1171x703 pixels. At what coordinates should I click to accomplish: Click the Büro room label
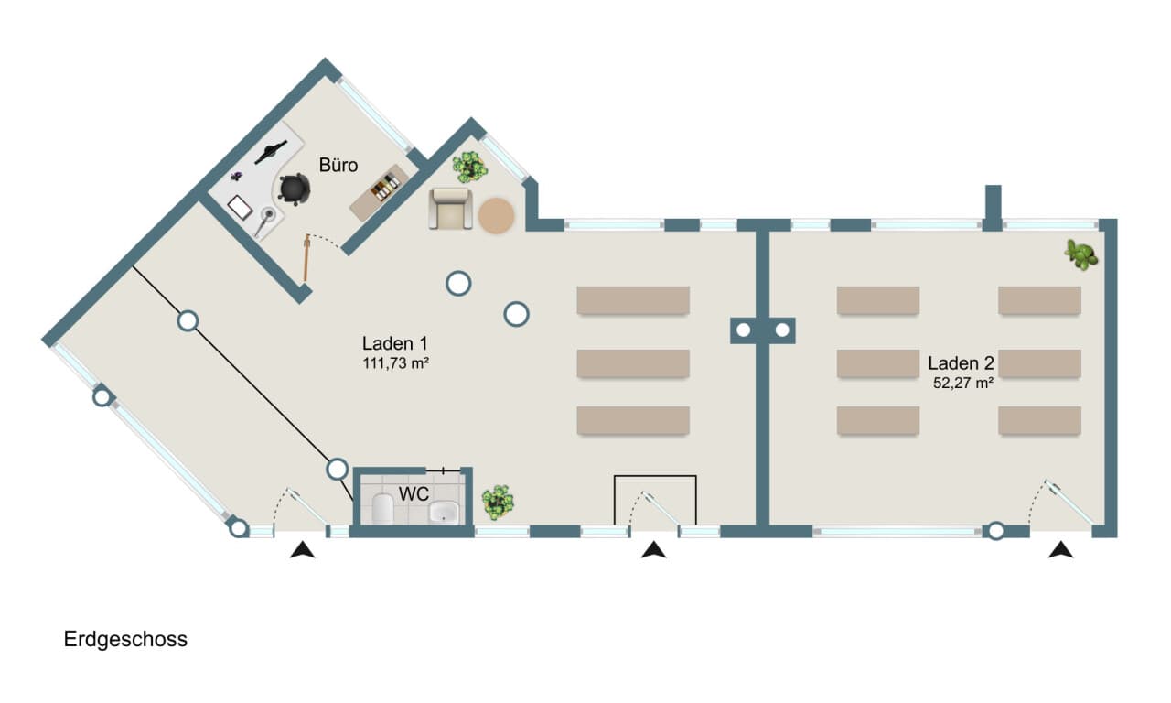pos(338,166)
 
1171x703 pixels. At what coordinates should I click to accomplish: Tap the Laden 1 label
pos(394,343)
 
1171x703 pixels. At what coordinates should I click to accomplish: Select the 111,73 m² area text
pos(396,363)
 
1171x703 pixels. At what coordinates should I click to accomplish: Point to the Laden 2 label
pos(961,363)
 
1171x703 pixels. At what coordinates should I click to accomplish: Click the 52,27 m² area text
pos(963,383)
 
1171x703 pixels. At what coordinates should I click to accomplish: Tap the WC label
pos(414,493)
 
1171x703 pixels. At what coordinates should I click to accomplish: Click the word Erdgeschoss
pos(125,639)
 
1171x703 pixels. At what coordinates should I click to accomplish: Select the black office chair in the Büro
pos(294,189)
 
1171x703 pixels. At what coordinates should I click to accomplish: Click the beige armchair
pos(451,209)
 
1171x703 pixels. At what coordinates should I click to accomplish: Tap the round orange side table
pos(496,215)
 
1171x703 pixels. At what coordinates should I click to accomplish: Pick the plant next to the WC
pos(497,503)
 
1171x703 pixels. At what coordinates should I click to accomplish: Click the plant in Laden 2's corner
pos(1081,254)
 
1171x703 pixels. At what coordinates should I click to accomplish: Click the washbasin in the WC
pos(444,512)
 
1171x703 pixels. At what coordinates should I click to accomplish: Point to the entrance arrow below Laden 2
pos(1060,550)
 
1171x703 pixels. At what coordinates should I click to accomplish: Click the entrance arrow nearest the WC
pos(302,550)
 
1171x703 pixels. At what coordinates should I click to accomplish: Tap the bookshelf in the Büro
pos(379,192)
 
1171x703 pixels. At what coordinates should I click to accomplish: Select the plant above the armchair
pos(470,167)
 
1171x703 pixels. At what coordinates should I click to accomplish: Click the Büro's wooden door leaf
pos(306,258)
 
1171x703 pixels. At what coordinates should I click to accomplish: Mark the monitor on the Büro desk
pos(271,152)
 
